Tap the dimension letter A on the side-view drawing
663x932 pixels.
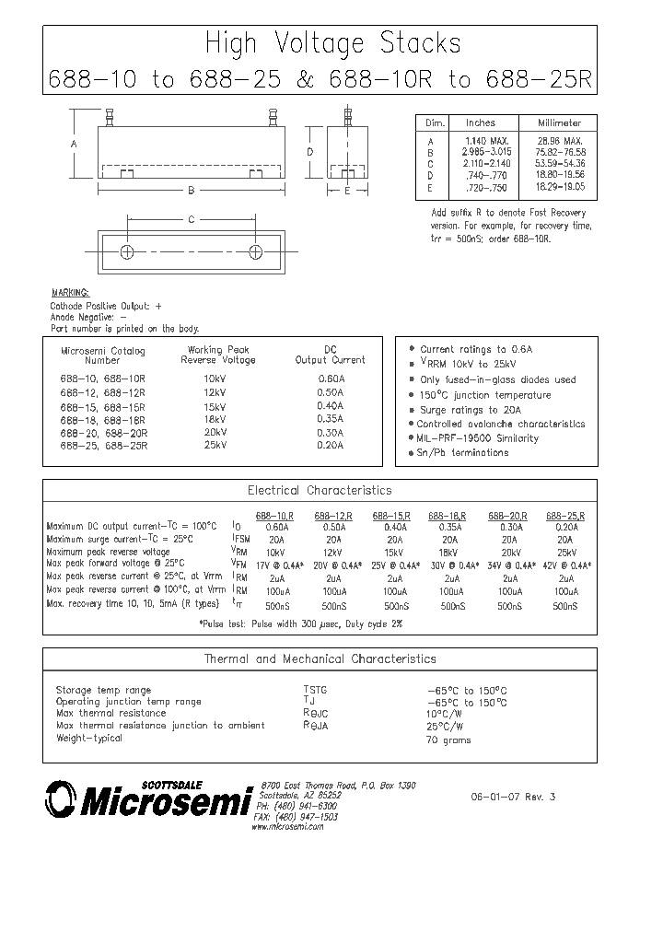coord(74,145)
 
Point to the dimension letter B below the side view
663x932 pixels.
coord(191,191)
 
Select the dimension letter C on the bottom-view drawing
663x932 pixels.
coord(191,219)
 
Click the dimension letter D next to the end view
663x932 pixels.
coord(310,152)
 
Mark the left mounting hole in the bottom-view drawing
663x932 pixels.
coord(128,251)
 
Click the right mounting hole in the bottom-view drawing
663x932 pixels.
coord(256,251)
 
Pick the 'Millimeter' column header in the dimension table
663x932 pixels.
coord(560,122)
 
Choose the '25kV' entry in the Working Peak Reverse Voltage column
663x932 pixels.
coord(215,445)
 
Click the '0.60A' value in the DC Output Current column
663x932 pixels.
coord(330,379)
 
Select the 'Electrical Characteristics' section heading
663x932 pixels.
coord(320,491)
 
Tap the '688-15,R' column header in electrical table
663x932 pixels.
coord(391,517)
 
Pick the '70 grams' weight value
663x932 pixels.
coord(448,740)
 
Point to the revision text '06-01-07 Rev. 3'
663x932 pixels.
coord(513,798)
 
